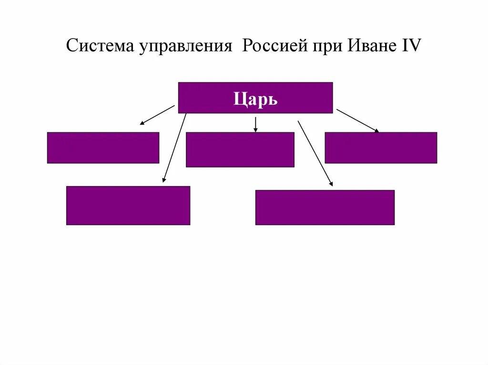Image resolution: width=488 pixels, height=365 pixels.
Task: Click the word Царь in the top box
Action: [x=255, y=100]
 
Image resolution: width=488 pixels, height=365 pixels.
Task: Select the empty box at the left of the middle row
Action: [x=103, y=148]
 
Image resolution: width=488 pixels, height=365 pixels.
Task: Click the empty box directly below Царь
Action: [x=240, y=149]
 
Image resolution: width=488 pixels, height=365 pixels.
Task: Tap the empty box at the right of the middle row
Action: [x=381, y=148]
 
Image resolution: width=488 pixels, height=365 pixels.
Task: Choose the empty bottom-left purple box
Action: [x=128, y=205]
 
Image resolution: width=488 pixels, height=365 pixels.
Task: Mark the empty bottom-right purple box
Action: [x=325, y=207]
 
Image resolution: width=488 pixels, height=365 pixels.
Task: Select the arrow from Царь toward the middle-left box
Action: [x=157, y=115]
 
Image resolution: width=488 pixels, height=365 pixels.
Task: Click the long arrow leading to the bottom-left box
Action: [x=174, y=148]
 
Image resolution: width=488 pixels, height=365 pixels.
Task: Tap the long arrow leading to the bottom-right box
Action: [x=315, y=152]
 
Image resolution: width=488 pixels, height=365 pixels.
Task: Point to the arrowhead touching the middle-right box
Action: [x=376, y=130]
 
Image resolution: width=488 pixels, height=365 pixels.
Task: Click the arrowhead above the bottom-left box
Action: [x=164, y=180]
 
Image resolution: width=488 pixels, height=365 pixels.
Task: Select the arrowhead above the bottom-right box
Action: [x=331, y=183]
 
